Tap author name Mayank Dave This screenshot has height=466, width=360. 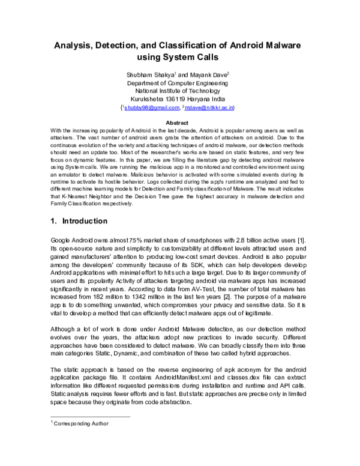(x=197, y=74)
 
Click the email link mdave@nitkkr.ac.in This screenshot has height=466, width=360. (x=211, y=108)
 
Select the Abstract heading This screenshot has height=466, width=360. (x=181, y=123)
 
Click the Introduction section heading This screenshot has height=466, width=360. (x=88, y=221)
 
